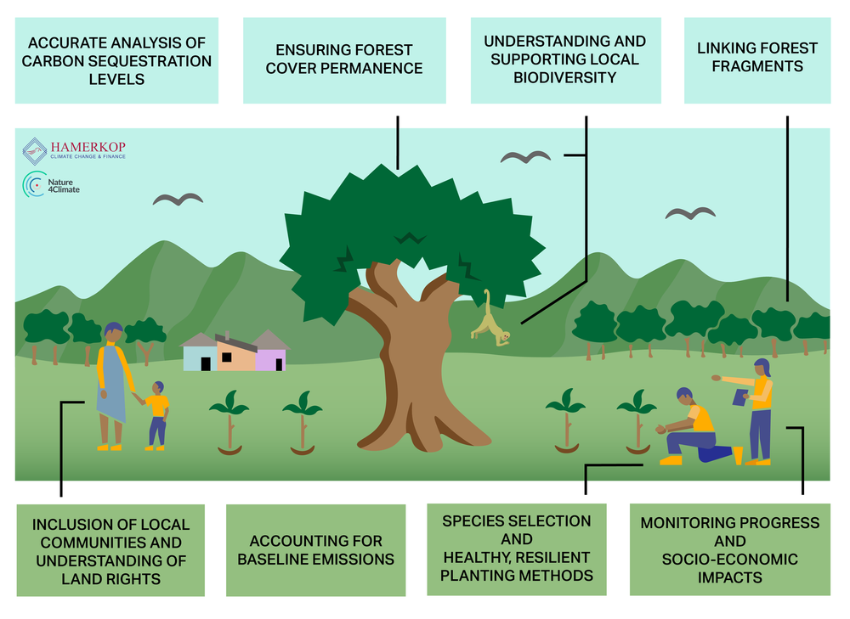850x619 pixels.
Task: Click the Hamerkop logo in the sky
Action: pos(74,150)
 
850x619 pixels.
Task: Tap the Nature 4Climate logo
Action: pos(51,184)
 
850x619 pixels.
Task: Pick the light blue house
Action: pos(199,352)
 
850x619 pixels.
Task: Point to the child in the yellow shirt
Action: pos(157,416)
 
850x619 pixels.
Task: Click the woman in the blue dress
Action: pos(113,386)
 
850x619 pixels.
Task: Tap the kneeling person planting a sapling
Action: pos(695,428)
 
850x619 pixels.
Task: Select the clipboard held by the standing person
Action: pos(740,397)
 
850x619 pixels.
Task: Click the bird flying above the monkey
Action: pos(525,157)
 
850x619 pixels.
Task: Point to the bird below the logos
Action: pos(178,200)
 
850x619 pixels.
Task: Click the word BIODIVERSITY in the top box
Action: pos(565,78)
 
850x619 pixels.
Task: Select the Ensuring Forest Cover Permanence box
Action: pos(344,60)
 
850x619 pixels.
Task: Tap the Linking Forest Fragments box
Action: pos(757,60)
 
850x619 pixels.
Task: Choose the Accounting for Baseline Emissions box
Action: pos(315,550)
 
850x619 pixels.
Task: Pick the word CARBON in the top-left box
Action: pos(48,61)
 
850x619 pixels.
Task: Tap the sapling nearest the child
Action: pos(229,422)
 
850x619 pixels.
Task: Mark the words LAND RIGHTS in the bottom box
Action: pos(111,579)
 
